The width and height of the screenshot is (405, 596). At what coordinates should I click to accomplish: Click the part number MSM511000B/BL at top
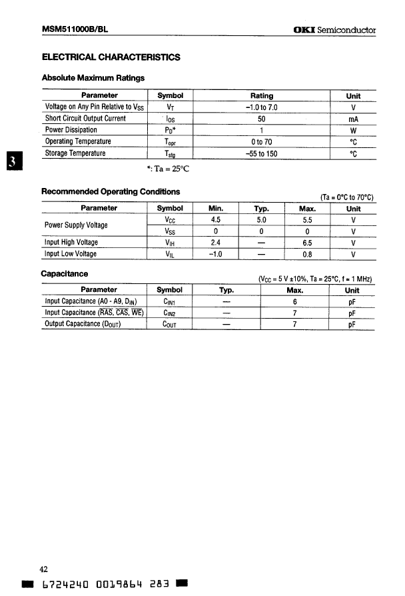(75, 30)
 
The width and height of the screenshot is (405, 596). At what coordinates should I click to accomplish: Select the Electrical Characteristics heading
(111, 58)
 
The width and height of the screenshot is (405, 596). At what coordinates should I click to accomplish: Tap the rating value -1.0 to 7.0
(261, 107)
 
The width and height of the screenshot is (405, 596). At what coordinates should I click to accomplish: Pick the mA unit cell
(353, 119)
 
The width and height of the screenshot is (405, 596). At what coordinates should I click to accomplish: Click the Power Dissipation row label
(71, 130)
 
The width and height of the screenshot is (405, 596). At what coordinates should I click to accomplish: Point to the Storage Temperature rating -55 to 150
(261, 153)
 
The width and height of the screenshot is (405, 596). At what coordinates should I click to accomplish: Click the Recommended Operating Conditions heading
(111, 192)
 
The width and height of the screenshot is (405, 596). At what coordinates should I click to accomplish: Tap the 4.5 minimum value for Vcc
(215, 219)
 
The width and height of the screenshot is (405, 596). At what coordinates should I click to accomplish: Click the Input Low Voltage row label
(71, 254)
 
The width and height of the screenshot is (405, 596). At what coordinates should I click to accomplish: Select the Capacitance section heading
(65, 274)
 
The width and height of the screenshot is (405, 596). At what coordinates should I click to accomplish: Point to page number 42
(44, 569)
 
